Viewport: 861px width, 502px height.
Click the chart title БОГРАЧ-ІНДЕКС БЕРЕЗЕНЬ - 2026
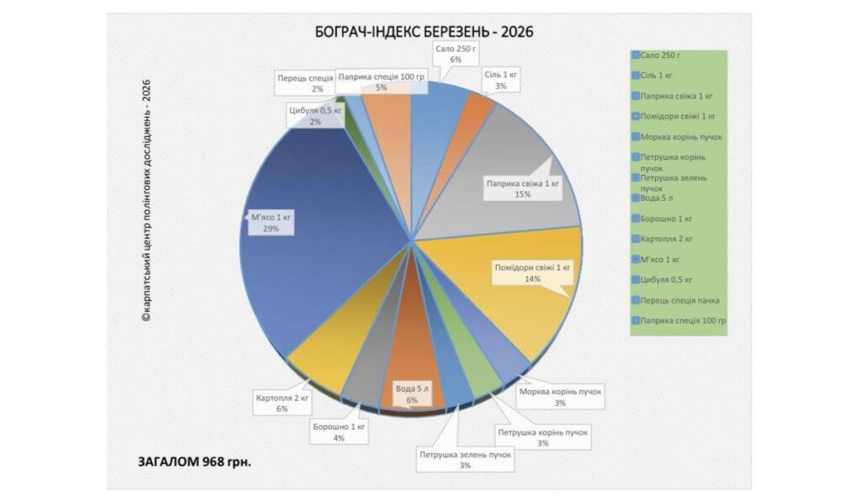[424, 32]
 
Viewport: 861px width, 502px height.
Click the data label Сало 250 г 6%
[456, 54]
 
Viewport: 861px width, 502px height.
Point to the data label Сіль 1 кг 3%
[500, 80]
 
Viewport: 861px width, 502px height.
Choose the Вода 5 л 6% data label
[412, 394]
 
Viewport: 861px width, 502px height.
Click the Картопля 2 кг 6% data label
[282, 403]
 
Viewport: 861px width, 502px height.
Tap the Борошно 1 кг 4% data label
[339, 432]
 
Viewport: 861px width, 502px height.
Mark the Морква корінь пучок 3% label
[560, 397]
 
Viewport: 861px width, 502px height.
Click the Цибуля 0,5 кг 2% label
[315, 116]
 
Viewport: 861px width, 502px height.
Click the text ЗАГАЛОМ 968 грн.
[194, 462]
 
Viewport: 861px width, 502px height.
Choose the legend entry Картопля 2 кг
[667, 239]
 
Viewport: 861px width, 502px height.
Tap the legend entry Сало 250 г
[659, 55]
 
